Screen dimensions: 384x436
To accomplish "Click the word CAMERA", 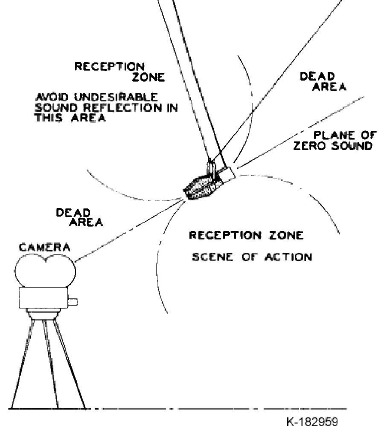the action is click(44, 247).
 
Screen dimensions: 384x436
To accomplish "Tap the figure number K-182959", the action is click(312, 422).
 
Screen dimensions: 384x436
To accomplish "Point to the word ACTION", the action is click(288, 257).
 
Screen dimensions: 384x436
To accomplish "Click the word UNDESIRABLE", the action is click(116, 97).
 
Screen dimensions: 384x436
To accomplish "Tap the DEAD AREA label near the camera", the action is click(79, 217).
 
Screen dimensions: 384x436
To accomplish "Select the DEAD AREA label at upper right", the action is click(323, 81).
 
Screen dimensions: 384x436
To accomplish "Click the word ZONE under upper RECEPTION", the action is click(148, 77).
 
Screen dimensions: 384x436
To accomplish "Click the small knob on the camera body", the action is click(73, 302).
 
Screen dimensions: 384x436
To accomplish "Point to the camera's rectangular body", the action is click(44, 298).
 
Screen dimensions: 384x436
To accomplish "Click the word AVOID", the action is click(52, 97).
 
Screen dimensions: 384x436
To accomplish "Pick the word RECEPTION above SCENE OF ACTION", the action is click(225, 235).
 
